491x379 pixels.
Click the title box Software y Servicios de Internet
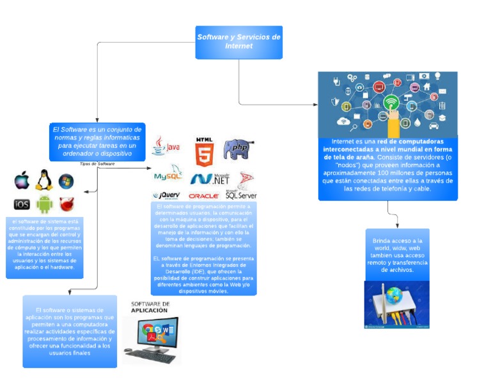pos(238,42)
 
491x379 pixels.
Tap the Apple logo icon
pos(22,181)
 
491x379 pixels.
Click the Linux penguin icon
pos(43,181)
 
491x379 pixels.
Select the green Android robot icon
pos(44,204)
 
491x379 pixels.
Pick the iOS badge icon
pos(22,204)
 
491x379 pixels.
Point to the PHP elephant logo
pos(235,149)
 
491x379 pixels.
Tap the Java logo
pos(166,147)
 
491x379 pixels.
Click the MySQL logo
pos(168,174)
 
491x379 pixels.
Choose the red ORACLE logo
pos(204,196)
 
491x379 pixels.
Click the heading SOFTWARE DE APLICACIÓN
pos(150,307)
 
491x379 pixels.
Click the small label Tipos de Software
pos(97,164)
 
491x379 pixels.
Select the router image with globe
pos(396,305)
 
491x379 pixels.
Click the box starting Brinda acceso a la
pos(396,255)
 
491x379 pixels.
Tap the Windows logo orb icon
pos(66,181)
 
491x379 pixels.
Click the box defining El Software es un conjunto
pos(97,141)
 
